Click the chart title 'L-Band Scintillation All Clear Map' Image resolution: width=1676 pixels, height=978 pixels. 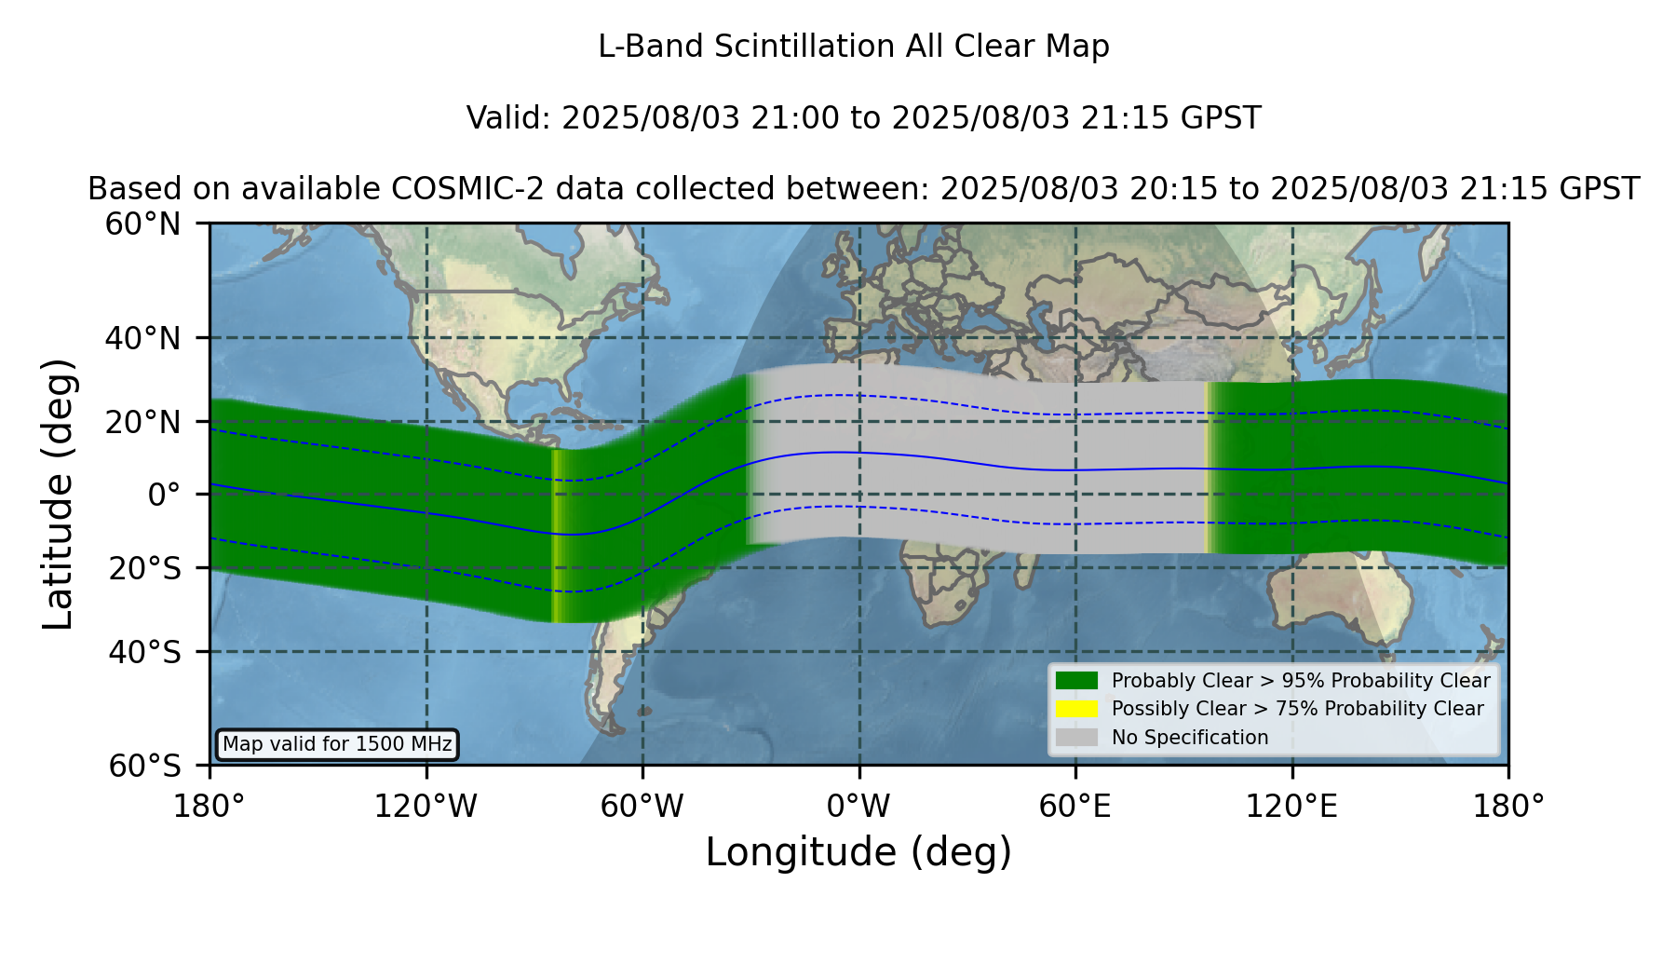(x=854, y=47)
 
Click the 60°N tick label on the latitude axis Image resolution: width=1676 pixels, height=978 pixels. (x=143, y=224)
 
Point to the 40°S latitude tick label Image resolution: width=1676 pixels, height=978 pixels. (x=145, y=652)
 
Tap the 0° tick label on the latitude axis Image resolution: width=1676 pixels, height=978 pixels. (x=164, y=495)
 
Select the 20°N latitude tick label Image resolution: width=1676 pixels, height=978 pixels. (x=143, y=422)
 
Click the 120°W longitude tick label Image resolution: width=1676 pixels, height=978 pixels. (x=426, y=807)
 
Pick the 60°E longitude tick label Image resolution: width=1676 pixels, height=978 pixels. (x=1075, y=807)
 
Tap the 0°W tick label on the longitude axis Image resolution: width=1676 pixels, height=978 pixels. (x=859, y=807)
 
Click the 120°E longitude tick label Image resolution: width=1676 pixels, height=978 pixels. (x=1292, y=807)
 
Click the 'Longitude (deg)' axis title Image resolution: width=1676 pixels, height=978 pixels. (x=858, y=852)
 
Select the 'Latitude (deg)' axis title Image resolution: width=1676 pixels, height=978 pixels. (x=58, y=494)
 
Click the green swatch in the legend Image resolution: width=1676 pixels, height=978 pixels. (x=1077, y=681)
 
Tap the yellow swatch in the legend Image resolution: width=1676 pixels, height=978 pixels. (x=1077, y=709)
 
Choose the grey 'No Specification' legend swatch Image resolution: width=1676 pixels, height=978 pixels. (x=1077, y=738)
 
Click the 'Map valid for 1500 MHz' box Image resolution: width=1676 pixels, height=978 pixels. (x=337, y=744)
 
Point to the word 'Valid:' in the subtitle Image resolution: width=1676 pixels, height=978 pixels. (x=509, y=118)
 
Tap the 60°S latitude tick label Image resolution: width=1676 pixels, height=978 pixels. (x=145, y=766)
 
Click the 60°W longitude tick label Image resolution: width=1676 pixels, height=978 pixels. (x=642, y=807)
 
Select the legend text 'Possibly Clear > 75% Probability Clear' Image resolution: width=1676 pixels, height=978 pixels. (x=1298, y=709)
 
